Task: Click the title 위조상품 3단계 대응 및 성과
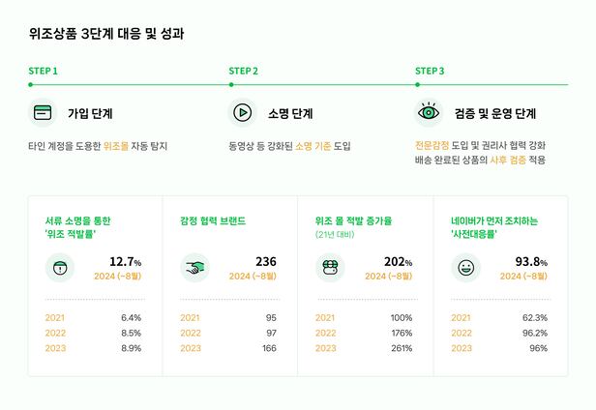[x=106, y=33]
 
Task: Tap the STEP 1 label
[x=44, y=71]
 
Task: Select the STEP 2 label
[x=243, y=71]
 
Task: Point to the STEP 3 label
[x=430, y=71]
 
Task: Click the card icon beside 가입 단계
[x=43, y=113]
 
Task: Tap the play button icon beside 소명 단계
[x=242, y=113]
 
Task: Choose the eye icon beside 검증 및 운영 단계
[x=429, y=113]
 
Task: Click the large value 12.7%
[x=126, y=262]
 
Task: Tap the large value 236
[x=265, y=262]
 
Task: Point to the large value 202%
[x=399, y=262]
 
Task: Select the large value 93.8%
[x=532, y=262]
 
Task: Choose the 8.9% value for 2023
[x=131, y=348]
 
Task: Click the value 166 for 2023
[x=268, y=348]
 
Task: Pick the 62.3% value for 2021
[x=535, y=317]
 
